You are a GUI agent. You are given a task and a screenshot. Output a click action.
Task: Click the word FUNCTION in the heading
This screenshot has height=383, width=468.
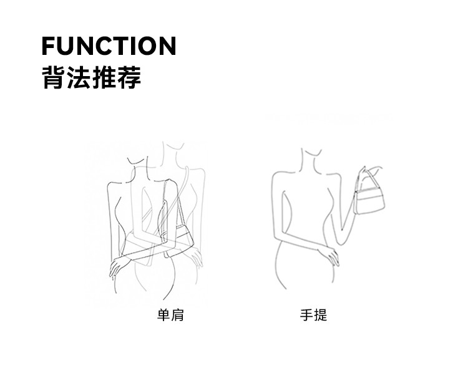109,46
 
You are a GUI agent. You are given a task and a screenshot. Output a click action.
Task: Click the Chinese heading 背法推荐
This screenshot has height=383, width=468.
91,77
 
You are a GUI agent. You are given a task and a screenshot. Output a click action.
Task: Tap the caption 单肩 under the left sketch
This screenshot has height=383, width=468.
170,315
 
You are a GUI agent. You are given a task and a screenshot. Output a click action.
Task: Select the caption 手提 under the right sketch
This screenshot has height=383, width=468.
313,315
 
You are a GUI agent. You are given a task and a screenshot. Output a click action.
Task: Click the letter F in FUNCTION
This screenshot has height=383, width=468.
49,46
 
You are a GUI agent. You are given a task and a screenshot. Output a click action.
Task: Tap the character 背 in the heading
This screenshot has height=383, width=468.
53,77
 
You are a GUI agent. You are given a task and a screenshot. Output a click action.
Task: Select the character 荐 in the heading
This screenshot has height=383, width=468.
129,77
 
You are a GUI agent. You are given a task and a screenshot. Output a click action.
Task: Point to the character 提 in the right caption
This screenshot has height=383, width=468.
320,315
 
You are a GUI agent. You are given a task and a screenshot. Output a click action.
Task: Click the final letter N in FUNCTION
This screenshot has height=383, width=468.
167,46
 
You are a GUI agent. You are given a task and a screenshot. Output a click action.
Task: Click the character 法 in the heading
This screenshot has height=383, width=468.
79,77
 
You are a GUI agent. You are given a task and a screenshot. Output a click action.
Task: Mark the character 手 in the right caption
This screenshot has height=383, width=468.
306,315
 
